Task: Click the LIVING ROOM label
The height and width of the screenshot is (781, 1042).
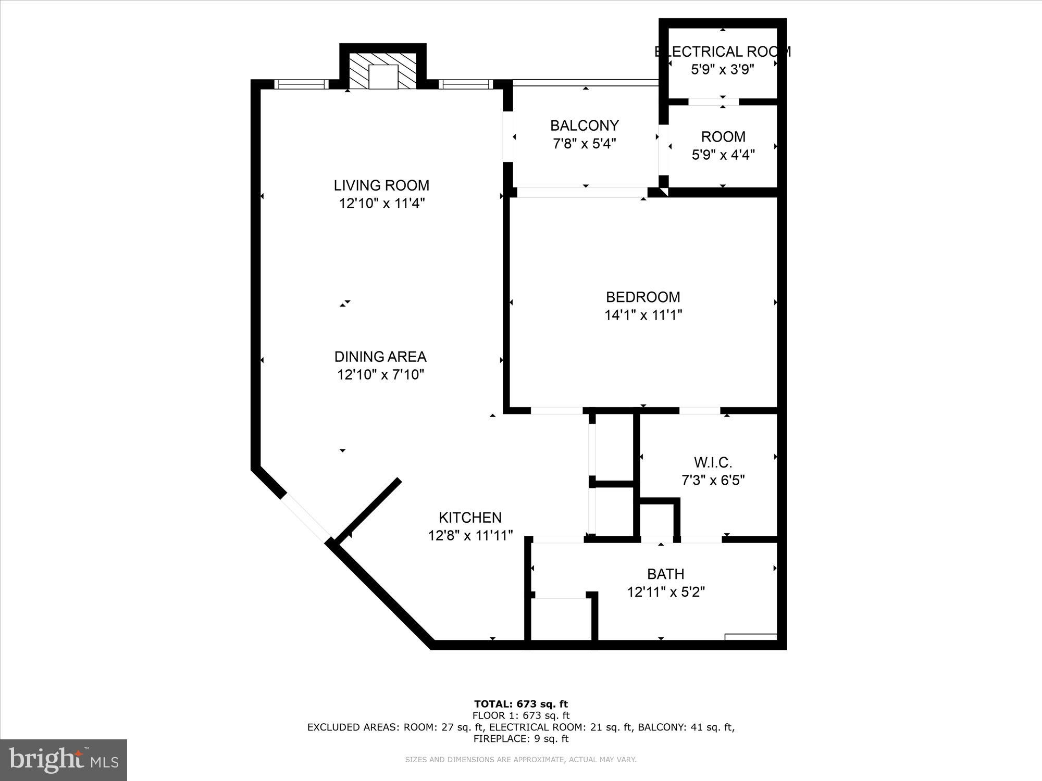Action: [381, 185]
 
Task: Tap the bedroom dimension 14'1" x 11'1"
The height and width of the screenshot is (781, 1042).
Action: [643, 315]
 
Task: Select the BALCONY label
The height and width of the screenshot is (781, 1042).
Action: [584, 125]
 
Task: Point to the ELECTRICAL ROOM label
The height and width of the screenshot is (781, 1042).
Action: [722, 52]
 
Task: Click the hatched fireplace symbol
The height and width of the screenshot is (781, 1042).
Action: [383, 70]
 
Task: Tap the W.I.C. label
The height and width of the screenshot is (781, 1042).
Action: [713, 462]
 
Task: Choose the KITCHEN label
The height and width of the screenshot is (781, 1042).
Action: [470, 518]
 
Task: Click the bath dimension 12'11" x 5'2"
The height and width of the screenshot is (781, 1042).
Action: [665, 592]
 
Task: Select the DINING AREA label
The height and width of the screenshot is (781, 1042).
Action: [380, 357]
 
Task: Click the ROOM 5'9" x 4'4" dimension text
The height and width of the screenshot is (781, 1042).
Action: [723, 155]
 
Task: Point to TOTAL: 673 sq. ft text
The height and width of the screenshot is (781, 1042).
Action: [520, 704]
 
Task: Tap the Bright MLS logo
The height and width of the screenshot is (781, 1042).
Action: [64, 760]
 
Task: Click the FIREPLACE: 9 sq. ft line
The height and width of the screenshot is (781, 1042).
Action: [520, 738]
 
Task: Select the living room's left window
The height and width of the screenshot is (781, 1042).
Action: [301, 84]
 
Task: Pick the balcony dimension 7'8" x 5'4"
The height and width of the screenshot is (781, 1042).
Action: [584, 143]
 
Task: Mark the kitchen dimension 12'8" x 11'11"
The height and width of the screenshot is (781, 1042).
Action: [470, 535]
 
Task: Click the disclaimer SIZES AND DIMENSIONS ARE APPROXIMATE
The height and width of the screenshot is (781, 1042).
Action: [520, 760]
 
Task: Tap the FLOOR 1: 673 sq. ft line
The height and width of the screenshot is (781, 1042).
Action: [520, 715]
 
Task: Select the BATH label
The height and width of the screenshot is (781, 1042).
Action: [665, 574]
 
